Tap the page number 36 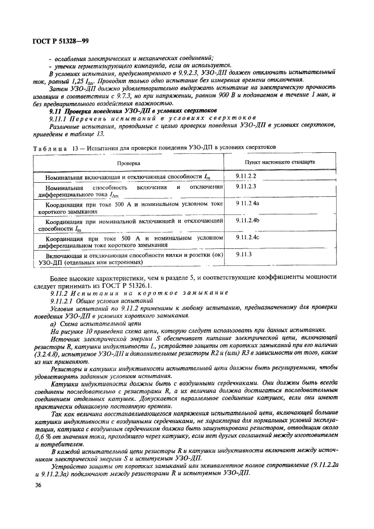[39, 485]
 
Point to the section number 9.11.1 [57, 119]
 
